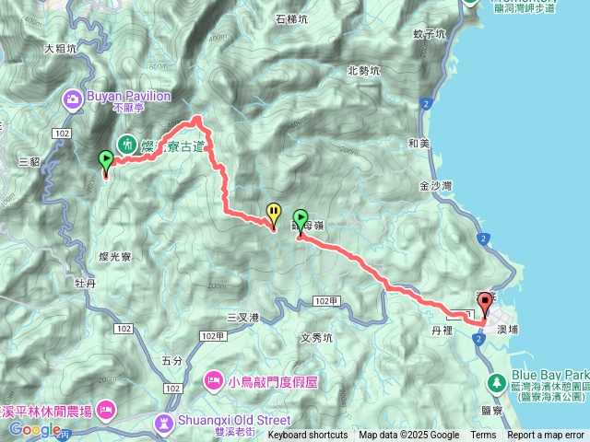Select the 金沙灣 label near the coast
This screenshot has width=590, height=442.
click(x=435, y=185)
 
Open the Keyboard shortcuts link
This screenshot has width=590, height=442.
click(x=307, y=436)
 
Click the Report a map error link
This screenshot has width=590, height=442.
click(x=546, y=436)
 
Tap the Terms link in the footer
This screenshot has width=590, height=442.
click(x=483, y=436)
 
